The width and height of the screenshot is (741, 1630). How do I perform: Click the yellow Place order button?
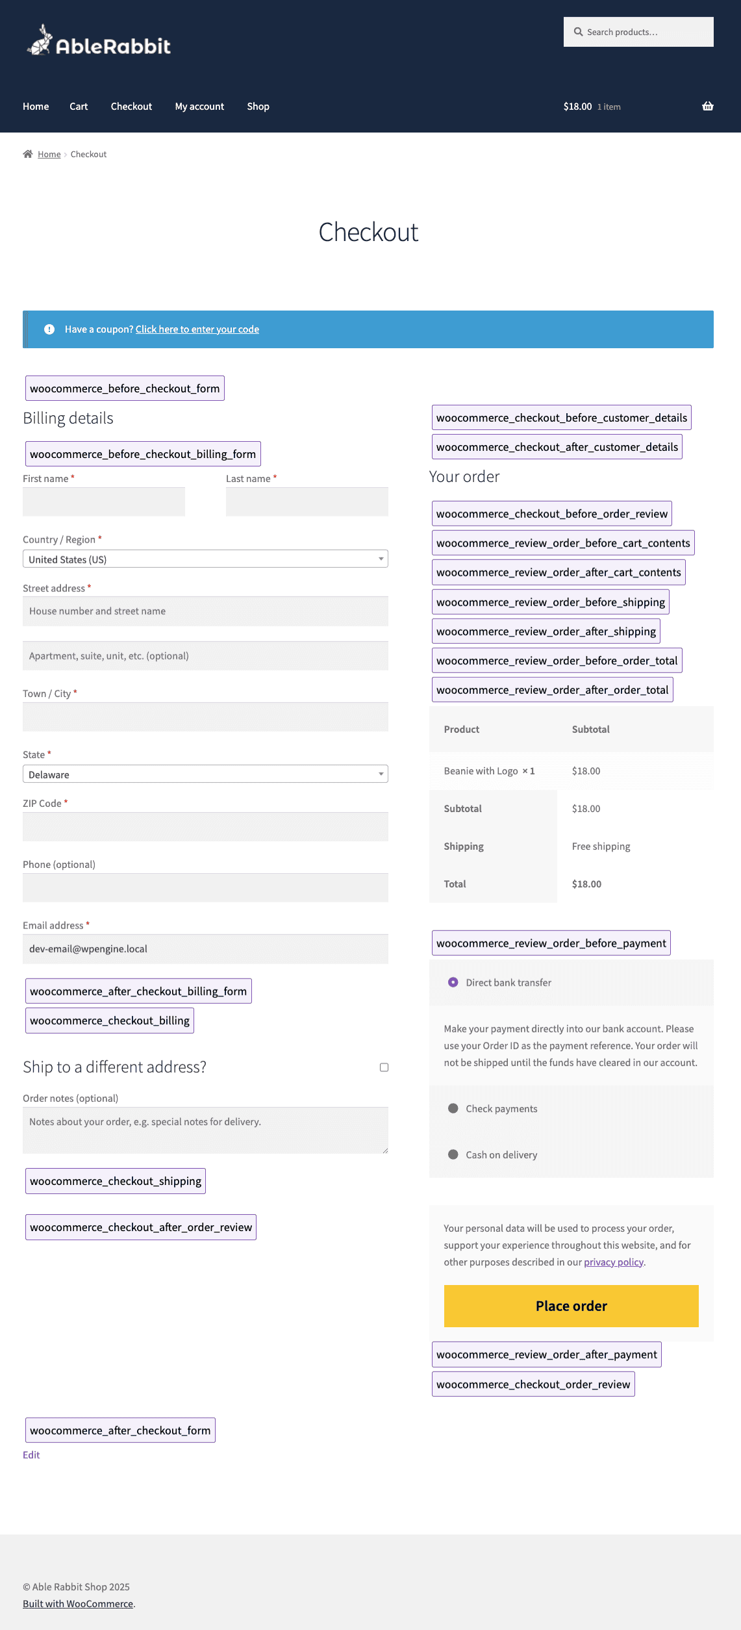(571, 1306)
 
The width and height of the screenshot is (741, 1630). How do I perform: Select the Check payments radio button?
(453, 1108)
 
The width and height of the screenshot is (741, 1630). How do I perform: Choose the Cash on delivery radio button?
(453, 1154)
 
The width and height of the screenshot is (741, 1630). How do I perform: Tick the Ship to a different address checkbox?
(384, 1067)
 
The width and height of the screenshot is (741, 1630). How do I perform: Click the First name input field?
(104, 502)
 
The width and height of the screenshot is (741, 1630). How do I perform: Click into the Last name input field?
(307, 502)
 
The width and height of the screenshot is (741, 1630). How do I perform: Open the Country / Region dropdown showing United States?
(205, 559)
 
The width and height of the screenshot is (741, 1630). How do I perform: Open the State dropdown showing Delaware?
(205, 774)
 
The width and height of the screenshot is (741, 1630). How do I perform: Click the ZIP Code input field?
(205, 826)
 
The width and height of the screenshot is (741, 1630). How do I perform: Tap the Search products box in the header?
(638, 32)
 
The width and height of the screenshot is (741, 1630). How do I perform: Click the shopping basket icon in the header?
(707, 106)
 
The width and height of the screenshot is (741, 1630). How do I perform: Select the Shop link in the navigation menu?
(258, 107)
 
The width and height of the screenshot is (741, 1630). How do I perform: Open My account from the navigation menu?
(199, 107)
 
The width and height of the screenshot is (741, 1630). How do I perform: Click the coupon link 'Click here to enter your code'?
(197, 329)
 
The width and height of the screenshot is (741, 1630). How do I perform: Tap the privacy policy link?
(614, 1262)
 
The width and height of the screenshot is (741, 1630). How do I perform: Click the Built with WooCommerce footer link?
(78, 1603)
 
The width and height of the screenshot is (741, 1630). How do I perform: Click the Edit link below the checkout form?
(31, 1455)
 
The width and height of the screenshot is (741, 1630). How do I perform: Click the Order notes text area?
(205, 1130)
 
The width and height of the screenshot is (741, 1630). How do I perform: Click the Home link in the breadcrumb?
(49, 155)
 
